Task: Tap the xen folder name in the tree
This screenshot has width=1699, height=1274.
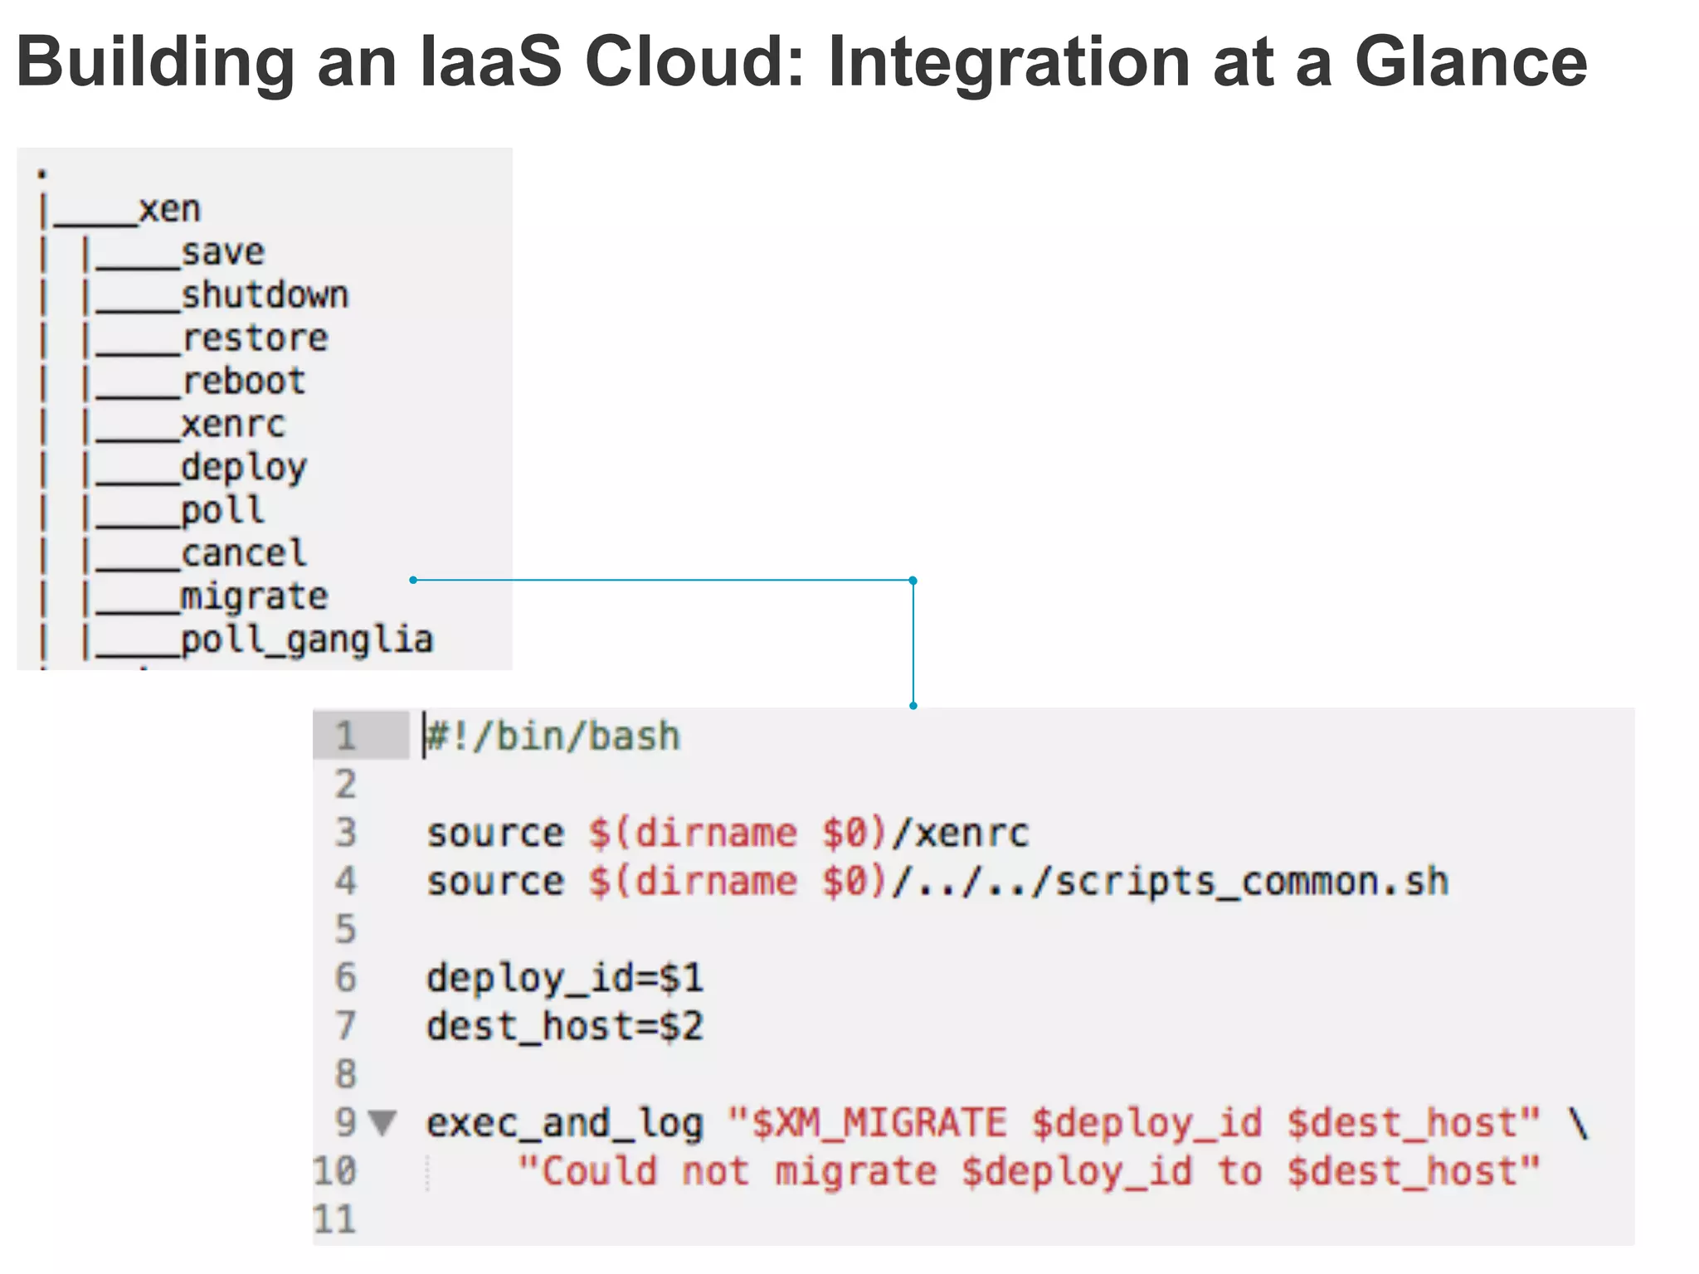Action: (x=169, y=209)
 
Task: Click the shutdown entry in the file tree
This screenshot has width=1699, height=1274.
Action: (x=265, y=295)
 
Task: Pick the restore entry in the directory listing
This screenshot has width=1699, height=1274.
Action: (x=255, y=338)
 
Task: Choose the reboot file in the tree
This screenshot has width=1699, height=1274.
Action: (x=244, y=382)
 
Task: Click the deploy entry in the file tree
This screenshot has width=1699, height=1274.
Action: (x=244, y=468)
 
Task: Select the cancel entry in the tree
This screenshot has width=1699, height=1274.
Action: (x=244, y=554)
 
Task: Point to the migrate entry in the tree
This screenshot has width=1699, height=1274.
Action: (x=255, y=597)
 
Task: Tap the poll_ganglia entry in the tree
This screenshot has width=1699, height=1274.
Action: (x=307, y=640)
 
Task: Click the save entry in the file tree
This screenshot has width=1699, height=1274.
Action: (x=223, y=252)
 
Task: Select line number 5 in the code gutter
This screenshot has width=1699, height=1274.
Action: (x=345, y=929)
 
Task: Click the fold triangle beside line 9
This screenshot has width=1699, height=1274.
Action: (x=382, y=1122)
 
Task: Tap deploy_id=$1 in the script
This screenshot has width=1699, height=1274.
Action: (x=564, y=978)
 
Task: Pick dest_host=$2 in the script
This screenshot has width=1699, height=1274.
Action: (x=564, y=1026)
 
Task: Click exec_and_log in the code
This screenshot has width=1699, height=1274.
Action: (x=564, y=1123)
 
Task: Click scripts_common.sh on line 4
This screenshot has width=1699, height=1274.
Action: (x=1251, y=882)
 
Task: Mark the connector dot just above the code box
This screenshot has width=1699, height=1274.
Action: (x=913, y=706)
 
